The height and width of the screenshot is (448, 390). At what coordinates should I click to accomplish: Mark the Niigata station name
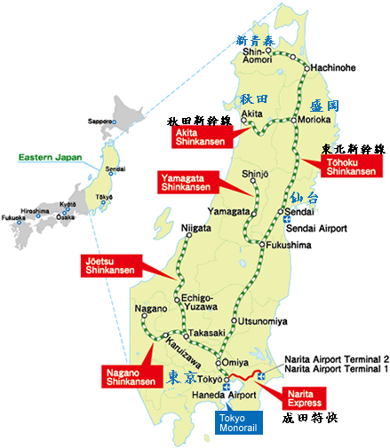pyautogui.click(x=196, y=229)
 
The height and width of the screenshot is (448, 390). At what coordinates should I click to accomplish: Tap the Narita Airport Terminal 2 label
pyautogui.click(x=338, y=358)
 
